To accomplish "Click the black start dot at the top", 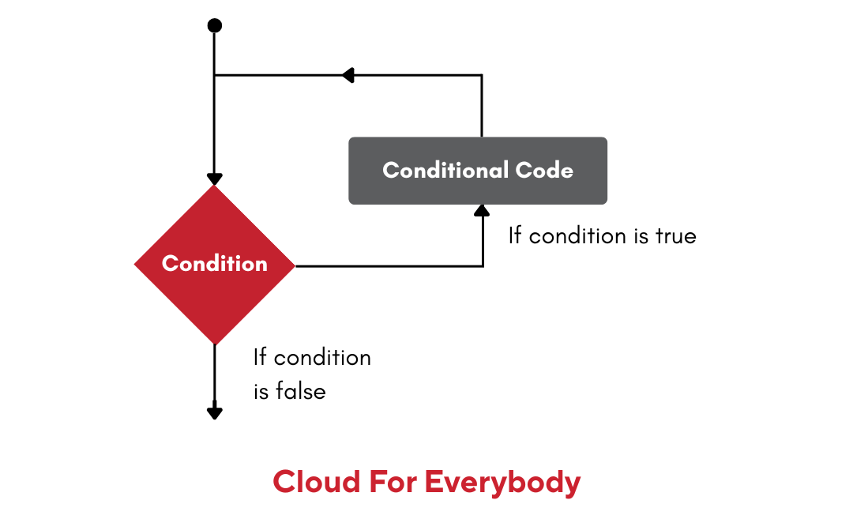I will pyautogui.click(x=214, y=26).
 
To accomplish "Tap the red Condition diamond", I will pyautogui.click(x=214, y=265).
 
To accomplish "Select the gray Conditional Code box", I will pyautogui.click(x=478, y=171).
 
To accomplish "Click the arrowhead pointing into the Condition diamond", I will pyautogui.click(x=214, y=179).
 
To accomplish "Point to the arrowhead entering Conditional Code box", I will pyautogui.click(x=482, y=210).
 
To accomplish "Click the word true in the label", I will pyautogui.click(x=675, y=235).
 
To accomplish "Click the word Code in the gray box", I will pyautogui.click(x=544, y=170).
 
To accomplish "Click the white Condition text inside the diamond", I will pyautogui.click(x=214, y=264).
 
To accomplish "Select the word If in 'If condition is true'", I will pyautogui.click(x=515, y=235).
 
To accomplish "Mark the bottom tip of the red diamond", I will pyautogui.click(x=214, y=344).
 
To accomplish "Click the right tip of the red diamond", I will pyautogui.click(x=295, y=265).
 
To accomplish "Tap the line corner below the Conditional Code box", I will pyautogui.click(x=482, y=265).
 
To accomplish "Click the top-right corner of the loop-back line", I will pyautogui.click(x=482, y=75).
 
